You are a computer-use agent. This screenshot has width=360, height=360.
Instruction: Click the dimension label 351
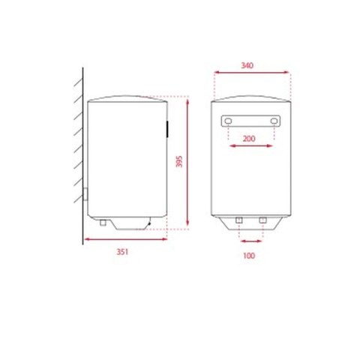click(x=121, y=251)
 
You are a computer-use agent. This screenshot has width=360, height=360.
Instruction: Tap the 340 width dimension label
click(x=248, y=65)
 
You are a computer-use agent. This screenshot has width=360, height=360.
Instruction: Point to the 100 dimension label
click(x=250, y=256)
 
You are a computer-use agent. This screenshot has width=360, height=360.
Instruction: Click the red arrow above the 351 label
click(x=124, y=239)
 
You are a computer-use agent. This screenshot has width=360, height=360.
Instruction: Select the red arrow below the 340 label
click(x=252, y=73)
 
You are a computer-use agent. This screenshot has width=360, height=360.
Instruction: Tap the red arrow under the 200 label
click(x=250, y=146)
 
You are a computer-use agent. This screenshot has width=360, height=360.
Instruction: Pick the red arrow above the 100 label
click(x=250, y=242)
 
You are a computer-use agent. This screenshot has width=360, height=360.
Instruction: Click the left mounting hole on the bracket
click(x=227, y=121)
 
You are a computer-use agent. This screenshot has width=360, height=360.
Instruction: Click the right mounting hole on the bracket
click(x=274, y=121)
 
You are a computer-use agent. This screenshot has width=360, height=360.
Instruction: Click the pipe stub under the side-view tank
click(x=100, y=222)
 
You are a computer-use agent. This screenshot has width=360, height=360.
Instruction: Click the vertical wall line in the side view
click(x=81, y=150)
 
